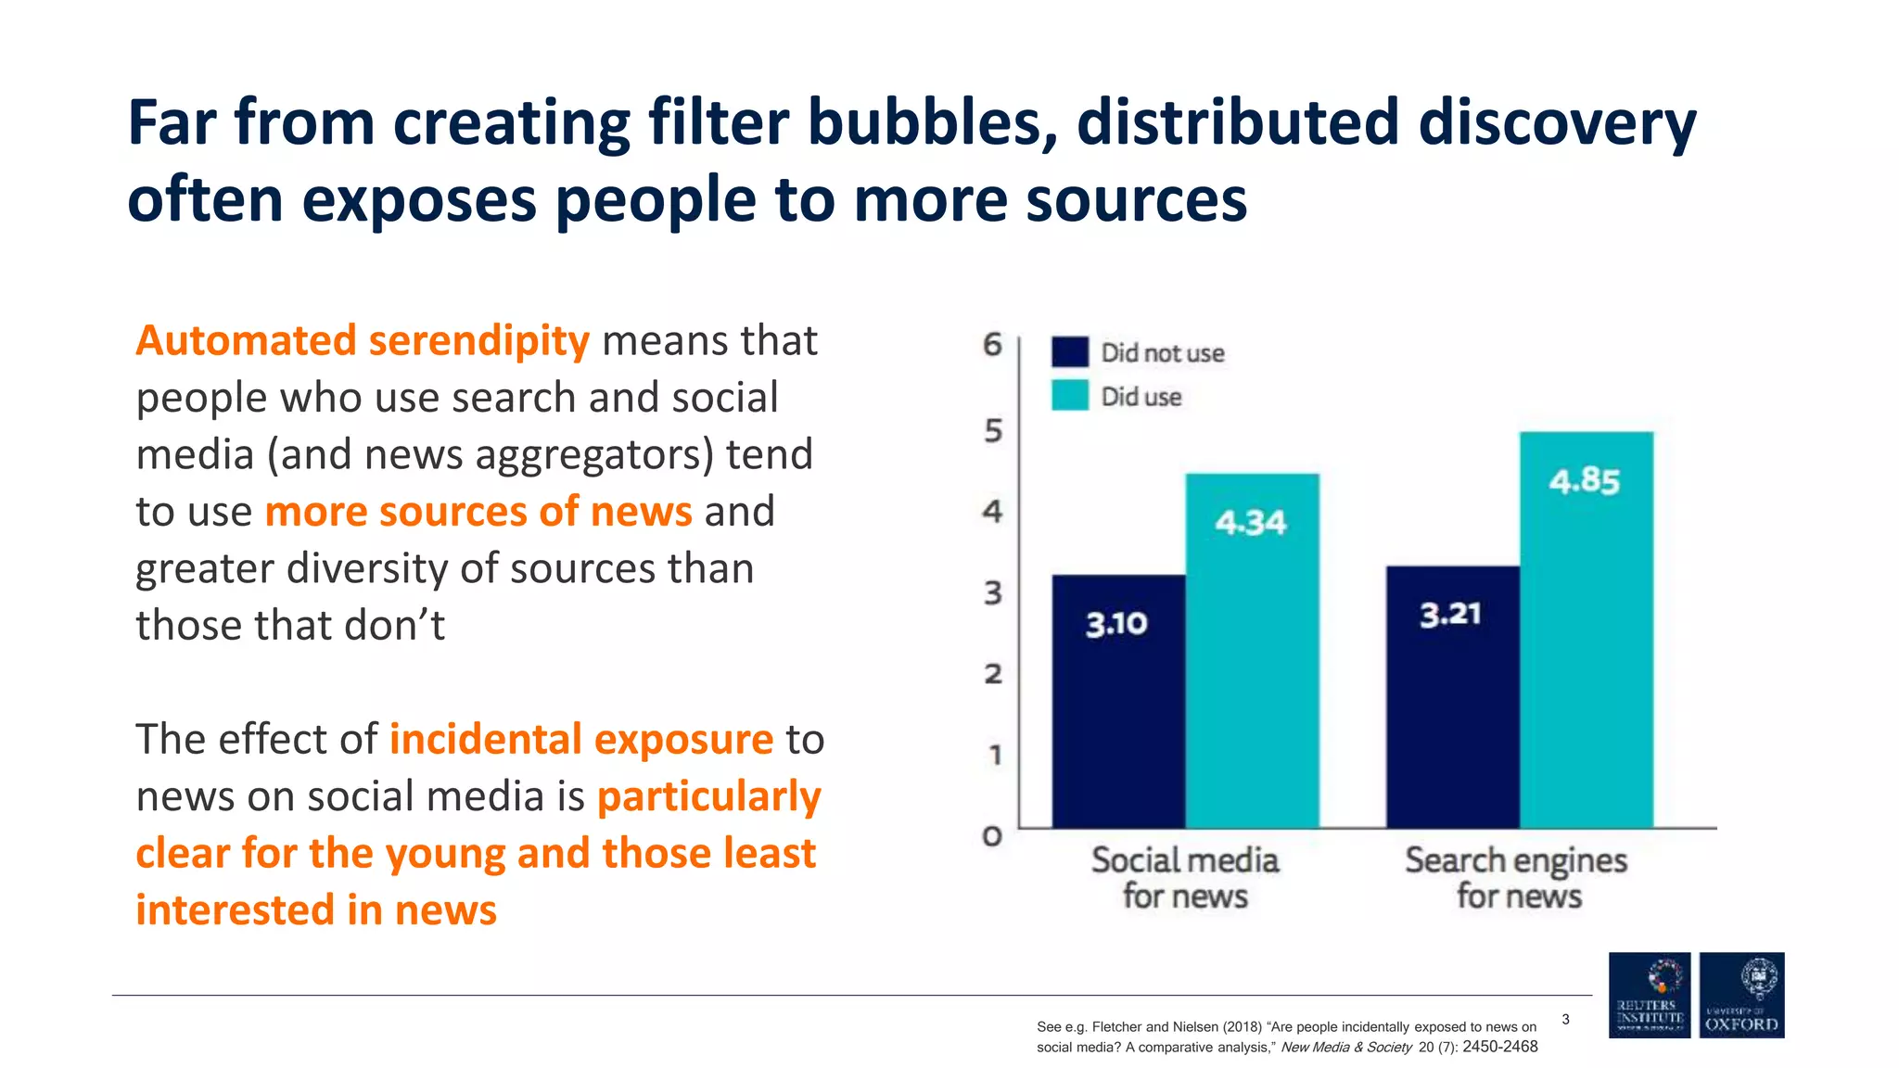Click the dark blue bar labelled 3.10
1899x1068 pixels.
[1118, 701]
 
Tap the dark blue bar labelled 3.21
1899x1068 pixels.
[1452, 696]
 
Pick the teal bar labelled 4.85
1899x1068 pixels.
[1586, 629]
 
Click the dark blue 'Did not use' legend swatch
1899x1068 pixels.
[1069, 352]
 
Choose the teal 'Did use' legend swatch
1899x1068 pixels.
[1069, 396]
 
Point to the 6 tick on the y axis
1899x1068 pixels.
[992, 345]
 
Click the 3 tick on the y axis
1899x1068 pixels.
[992, 592]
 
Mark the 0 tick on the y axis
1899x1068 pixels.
[992, 836]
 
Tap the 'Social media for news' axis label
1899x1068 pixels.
[1185, 877]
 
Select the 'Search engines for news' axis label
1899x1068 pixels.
[1517, 877]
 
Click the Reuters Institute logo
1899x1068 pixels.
[1649, 995]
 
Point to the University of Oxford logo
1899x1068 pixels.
[1741, 995]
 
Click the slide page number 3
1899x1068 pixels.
[1565, 1020]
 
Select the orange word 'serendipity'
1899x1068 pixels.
[478, 341]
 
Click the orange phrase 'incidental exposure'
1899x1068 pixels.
[580, 740]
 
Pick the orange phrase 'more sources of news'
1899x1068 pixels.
[478, 512]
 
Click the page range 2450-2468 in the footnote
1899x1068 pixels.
[1499, 1047]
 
